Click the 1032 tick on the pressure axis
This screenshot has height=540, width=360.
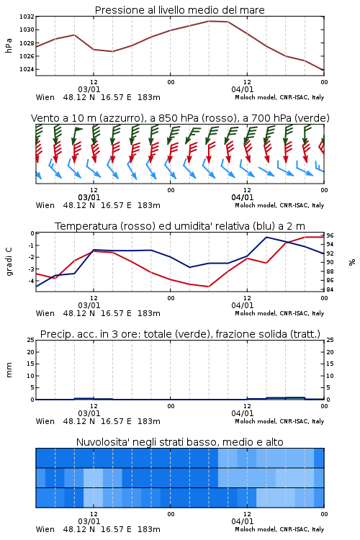point(27,17)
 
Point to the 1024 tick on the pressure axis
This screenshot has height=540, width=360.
point(27,69)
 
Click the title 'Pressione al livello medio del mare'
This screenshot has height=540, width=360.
point(180,10)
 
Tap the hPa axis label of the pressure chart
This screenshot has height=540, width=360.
point(9,45)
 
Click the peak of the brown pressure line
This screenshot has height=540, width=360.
point(209,21)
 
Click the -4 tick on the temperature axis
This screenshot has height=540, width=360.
point(31,281)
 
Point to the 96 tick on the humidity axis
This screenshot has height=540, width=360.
point(330,235)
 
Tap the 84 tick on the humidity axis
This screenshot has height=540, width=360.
point(330,289)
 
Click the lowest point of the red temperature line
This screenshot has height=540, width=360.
point(208,287)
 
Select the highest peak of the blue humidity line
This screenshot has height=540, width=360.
point(266,237)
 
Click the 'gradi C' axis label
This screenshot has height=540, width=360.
point(9,262)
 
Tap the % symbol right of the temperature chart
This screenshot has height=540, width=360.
point(352,262)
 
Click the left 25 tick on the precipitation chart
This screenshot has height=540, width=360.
point(31,340)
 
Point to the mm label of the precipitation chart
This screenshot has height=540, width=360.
point(9,370)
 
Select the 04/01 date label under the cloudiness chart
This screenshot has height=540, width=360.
point(243,521)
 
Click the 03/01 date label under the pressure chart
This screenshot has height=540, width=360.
point(89,89)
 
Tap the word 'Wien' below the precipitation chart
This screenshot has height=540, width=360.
point(45,421)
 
